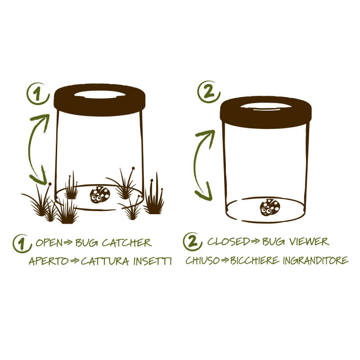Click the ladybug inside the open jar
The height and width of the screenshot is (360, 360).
pyautogui.click(x=100, y=195)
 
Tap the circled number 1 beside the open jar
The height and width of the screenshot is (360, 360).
pyautogui.click(x=38, y=94)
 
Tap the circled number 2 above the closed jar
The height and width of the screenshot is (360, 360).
pyautogui.click(x=209, y=92)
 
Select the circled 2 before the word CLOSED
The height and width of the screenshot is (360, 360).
pyautogui.click(x=193, y=242)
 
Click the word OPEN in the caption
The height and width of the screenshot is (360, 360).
pyautogui.click(x=49, y=243)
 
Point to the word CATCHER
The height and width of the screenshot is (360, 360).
pyautogui.click(x=127, y=243)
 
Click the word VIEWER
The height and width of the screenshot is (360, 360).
pyautogui.click(x=309, y=242)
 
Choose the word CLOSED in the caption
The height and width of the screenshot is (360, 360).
pyautogui.click(x=229, y=241)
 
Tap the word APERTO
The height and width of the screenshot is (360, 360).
pyautogui.click(x=49, y=261)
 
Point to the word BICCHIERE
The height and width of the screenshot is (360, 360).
pyautogui.click(x=255, y=261)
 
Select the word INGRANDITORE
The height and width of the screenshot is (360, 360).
pyautogui.click(x=316, y=261)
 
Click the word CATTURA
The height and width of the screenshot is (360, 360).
pyautogui.click(x=105, y=261)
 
